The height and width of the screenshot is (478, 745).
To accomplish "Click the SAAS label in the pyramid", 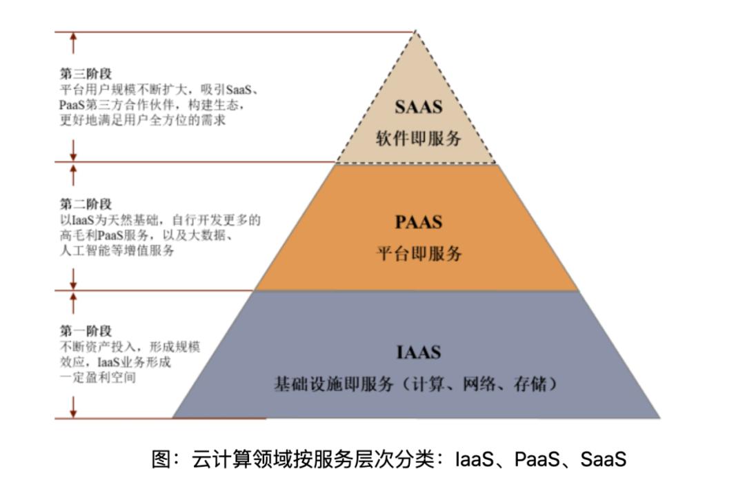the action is coord(419,107).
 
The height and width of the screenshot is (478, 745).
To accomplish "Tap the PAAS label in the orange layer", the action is coord(419,222).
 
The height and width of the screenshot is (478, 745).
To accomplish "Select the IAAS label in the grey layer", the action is coord(419,352).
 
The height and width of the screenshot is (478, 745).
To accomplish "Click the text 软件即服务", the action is coord(419,138).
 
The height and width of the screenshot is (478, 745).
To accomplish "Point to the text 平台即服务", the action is coord(419,253).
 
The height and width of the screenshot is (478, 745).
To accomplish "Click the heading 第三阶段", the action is coord(86,74).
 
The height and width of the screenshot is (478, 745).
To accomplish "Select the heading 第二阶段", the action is coord(86,204).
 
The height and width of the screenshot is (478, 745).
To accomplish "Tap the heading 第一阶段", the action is coord(86,330).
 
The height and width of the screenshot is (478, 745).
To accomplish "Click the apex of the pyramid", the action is coord(415,31).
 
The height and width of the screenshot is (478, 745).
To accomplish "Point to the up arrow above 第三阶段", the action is coord(73,43).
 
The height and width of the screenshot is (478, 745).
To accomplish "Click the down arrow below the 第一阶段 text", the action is coord(73,407).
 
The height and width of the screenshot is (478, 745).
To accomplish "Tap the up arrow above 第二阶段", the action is coord(73,175).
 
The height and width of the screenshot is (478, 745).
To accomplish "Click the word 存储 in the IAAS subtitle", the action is coord(530,384).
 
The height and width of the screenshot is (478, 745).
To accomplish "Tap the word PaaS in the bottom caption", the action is coord(537,459).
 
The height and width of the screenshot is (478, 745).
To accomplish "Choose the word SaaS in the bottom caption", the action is coord(604,459).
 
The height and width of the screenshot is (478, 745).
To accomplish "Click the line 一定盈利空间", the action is coord(98,378).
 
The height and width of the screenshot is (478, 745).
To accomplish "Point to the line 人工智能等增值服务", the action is coord(117,250).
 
